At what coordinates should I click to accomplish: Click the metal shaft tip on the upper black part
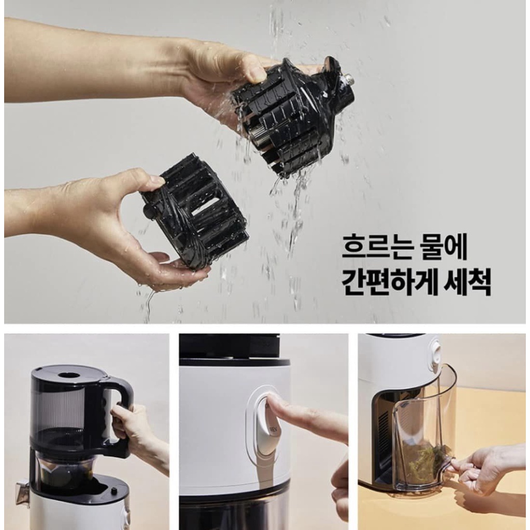tap(349, 79)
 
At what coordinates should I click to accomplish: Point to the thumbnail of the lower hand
tap(156, 180)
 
